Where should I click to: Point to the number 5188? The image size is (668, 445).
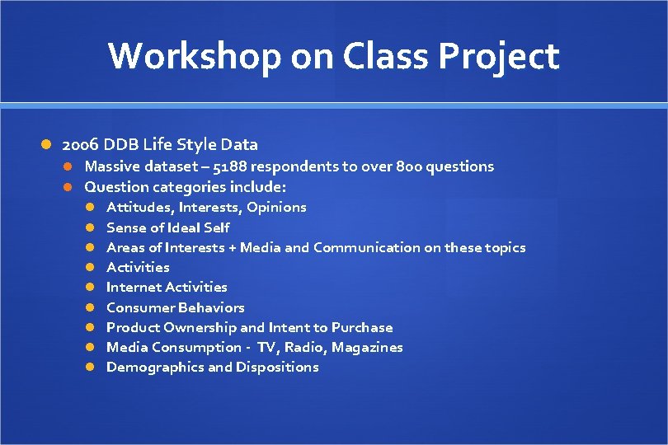click(x=231, y=166)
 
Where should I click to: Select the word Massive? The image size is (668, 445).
click(x=112, y=166)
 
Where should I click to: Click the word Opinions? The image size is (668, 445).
click(x=276, y=207)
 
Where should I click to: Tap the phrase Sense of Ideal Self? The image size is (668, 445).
click(x=168, y=227)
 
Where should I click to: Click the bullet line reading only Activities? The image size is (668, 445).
click(x=138, y=267)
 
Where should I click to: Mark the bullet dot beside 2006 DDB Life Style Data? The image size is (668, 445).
click(x=48, y=145)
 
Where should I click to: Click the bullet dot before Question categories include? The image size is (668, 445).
click(x=71, y=187)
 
